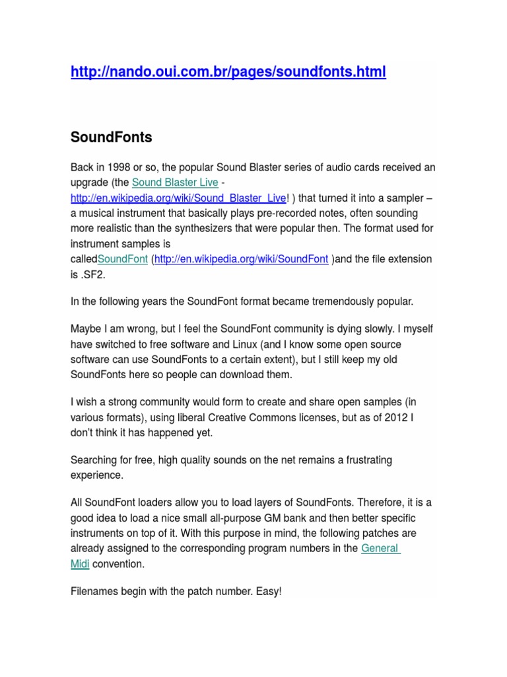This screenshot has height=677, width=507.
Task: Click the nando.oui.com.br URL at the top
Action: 228,71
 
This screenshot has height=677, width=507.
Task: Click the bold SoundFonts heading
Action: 111,137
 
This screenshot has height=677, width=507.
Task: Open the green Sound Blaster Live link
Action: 175,182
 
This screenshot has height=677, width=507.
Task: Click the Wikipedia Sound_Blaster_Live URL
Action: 178,198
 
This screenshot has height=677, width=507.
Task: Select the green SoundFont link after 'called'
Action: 122,259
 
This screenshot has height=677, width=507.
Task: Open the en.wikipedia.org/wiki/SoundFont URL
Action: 241,259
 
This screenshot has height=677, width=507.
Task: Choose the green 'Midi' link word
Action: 80,564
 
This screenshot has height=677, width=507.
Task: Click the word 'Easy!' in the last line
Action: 267,591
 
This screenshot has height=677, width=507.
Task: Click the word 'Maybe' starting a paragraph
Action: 84,329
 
